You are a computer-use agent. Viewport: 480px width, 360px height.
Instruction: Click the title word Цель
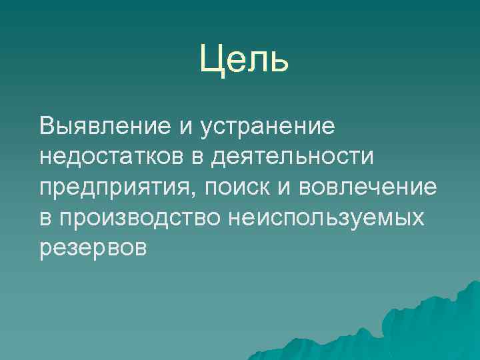click(x=244, y=60)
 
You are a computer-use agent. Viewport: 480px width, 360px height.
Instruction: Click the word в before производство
click(x=47, y=218)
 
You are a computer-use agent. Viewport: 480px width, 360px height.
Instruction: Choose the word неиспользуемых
click(x=325, y=219)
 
